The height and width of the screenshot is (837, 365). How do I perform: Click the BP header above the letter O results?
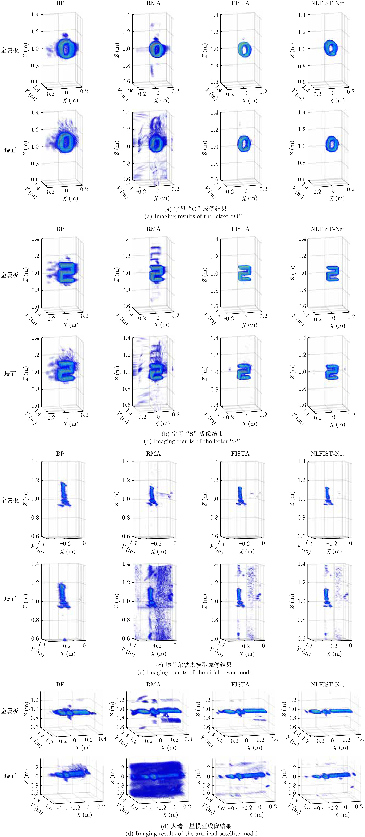60,3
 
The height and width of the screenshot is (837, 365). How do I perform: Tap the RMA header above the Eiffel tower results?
153,454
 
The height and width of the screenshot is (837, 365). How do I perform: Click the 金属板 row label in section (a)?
10,50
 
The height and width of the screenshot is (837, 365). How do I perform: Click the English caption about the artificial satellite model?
192,833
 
